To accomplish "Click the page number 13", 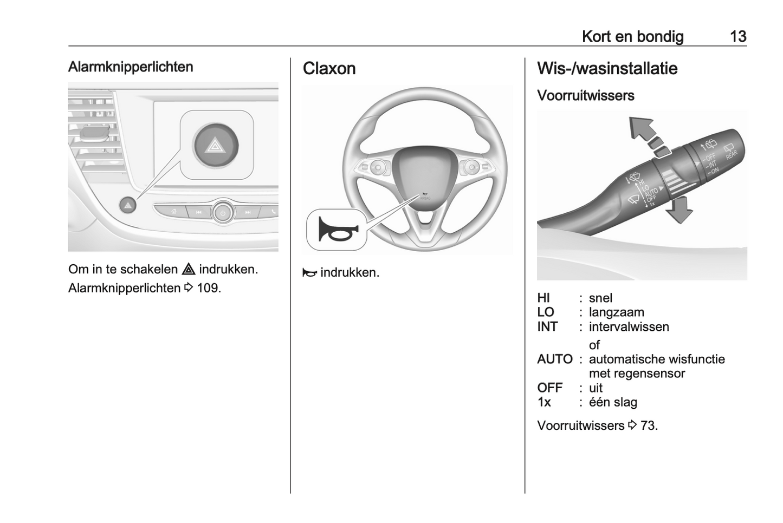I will click(x=738, y=36).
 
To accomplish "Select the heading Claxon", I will click(x=329, y=69).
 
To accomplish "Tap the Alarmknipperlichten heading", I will click(x=131, y=67).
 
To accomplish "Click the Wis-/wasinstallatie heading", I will click(x=607, y=69).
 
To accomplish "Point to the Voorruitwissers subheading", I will click(x=585, y=96).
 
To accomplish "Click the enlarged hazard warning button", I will click(x=216, y=145).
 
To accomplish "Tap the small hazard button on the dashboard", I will click(x=128, y=205).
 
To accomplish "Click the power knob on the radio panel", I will click(x=223, y=212).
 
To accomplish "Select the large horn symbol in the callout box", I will click(x=336, y=230).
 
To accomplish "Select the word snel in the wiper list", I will click(x=600, y=298).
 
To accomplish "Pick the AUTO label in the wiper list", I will click(x=554, y=359).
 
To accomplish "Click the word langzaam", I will click(x=616, y=312).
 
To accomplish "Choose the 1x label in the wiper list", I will click(x=544, y=402).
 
